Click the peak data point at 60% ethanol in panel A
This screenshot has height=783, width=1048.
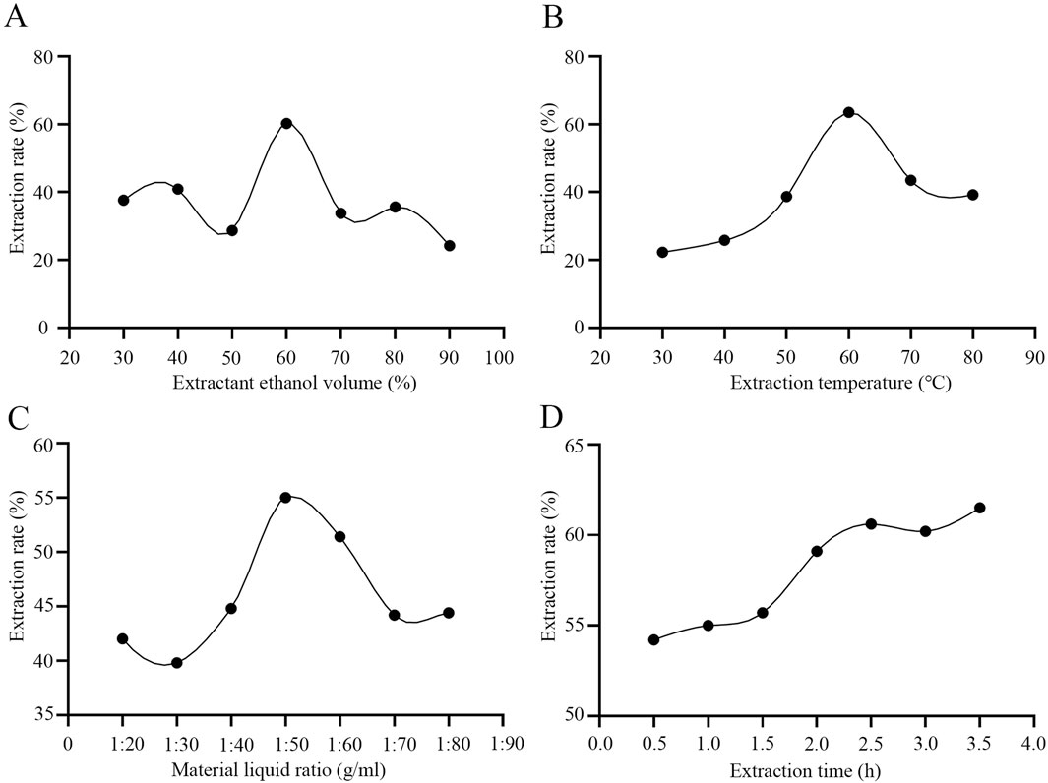[286, 123]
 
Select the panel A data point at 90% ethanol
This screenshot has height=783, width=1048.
[450, 245]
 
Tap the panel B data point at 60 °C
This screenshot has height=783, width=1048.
[848, 112]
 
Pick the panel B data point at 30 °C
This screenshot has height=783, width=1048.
[662, 252]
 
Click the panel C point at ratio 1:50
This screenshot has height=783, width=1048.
[285, 497]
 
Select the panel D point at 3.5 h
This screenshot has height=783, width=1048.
[979, 508]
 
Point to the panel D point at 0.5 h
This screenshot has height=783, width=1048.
[653, 639]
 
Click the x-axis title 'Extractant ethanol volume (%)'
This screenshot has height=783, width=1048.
[294, 383]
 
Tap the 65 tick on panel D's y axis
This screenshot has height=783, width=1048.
[575, 445]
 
